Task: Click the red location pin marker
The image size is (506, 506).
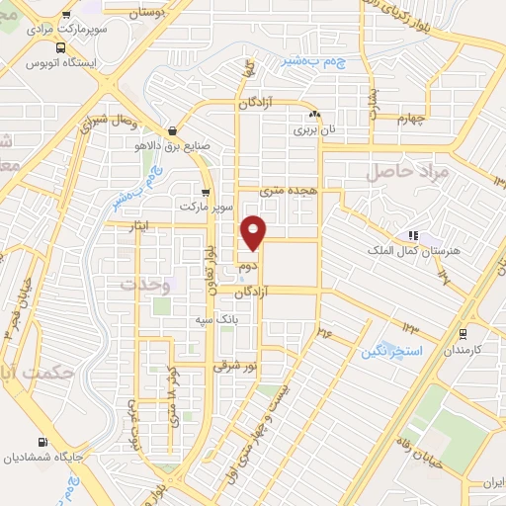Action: click(255, 232)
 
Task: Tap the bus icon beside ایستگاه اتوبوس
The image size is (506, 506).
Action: click(62, 47)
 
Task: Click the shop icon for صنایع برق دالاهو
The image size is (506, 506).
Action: click(173, 129)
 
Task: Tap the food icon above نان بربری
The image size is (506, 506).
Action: click(312, 113)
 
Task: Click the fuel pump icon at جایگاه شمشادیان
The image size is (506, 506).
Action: click(42, 442)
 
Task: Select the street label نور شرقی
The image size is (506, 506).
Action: click(235, 366)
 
